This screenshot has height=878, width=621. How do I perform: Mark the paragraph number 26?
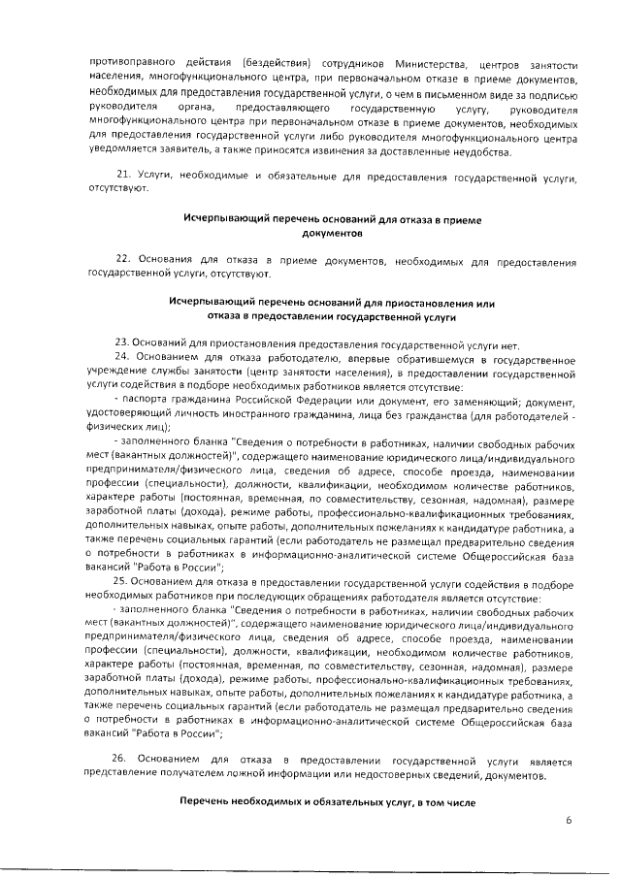click(118, 762)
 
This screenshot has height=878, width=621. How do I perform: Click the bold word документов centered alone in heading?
click(332, 234)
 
